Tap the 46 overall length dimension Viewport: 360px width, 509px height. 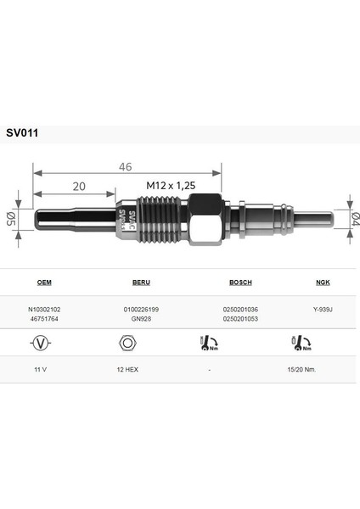(x=126, y=167)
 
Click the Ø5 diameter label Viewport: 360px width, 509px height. (x=12, y=220)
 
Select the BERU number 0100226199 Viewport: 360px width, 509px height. (x=129, y=310)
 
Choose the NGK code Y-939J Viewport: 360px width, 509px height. (x=323, y=310)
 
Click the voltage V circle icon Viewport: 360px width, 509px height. (x=39, y=344)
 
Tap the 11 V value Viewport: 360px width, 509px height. (x=39, y=371)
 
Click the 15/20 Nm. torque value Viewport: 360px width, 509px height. (x=303, y=371)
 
